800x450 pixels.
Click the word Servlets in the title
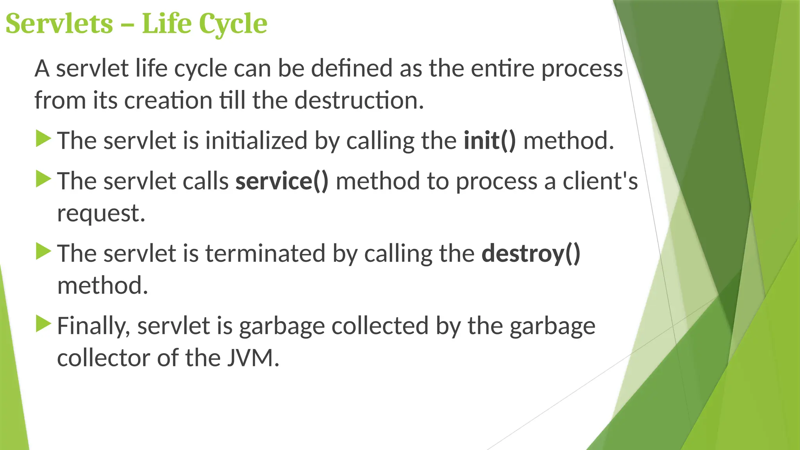click(59, 24)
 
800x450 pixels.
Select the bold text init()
click(490, 141)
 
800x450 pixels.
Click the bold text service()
click(282, 181)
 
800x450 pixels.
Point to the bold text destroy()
click(531, 254)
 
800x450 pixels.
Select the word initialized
click(256, 141)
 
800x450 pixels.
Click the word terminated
click(265, 254)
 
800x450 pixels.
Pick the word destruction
click(359, 100)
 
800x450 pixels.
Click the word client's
click(600, 181)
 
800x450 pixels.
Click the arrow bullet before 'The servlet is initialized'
click(43, 139)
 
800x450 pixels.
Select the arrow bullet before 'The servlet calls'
click(43, 179)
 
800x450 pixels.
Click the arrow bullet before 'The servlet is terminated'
click(43, 252)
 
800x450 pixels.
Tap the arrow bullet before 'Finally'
click(43, 324)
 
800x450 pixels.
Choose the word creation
click(168, 100)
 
